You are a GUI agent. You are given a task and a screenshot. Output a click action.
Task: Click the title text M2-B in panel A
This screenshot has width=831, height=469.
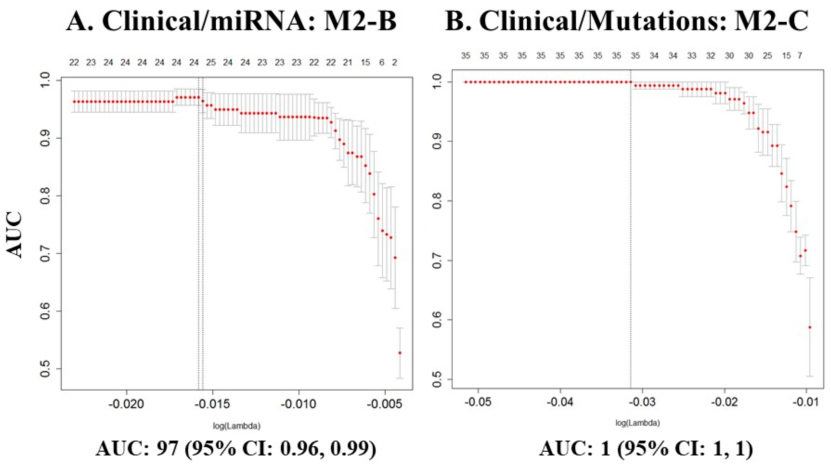pos(360,21)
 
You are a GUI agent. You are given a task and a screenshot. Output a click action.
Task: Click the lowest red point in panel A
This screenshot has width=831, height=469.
pos(400,353)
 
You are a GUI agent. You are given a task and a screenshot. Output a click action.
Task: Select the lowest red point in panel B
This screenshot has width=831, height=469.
pos(809,327)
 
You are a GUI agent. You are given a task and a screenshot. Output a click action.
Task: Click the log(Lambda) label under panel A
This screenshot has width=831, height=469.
pos(236,426)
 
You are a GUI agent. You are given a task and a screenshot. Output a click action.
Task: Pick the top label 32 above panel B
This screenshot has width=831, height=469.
pos(711,56)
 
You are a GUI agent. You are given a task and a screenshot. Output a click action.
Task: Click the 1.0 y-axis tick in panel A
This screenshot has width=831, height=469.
pos(45,80)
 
